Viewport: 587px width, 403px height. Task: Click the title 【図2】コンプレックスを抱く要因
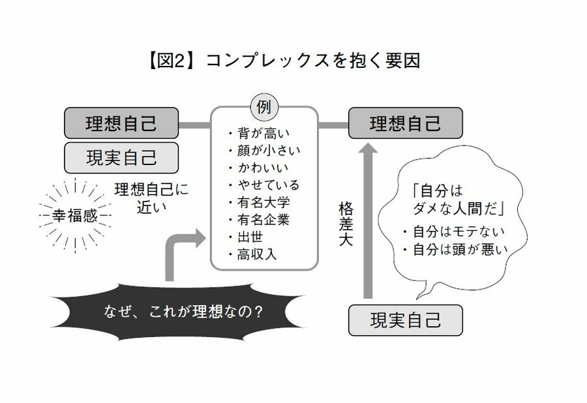pos(283,61)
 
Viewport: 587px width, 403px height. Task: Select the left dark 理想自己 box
pos(121,123)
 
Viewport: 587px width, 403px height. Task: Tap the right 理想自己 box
pos(405,123)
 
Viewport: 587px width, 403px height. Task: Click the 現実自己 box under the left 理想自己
pos(121,157)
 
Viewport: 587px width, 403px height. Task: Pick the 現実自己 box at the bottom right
pos(405,320)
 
